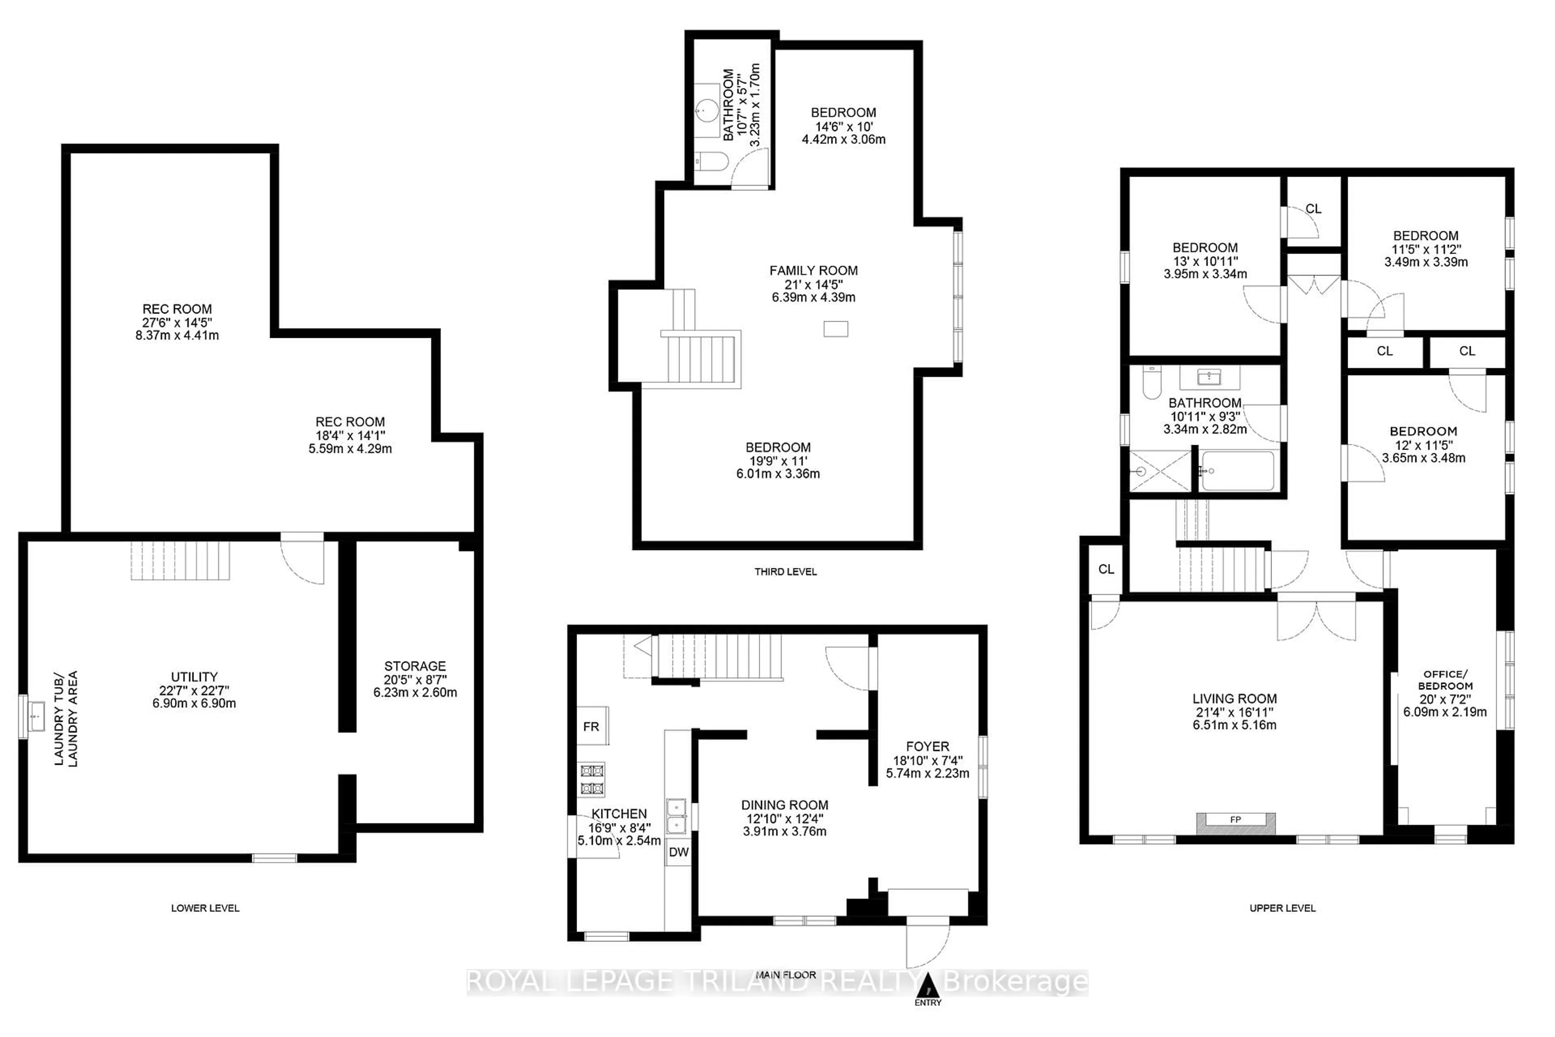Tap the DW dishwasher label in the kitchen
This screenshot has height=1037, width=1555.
click(x=678, y=852)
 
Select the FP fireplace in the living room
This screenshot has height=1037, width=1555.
click(x=1235, y=820)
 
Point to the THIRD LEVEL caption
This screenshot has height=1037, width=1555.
click(x=786, y=572)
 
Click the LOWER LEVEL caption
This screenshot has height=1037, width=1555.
click(x=205, y=908)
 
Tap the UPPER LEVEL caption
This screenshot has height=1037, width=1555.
click(x=1282, y=908)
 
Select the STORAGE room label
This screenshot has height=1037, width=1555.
click(x=415, y=666)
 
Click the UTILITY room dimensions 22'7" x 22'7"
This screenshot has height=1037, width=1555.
click(x=194, y=690)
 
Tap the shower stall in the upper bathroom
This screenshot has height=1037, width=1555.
click(x=1160, y=471)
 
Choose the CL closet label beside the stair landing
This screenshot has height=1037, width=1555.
click(x=1106, y=569)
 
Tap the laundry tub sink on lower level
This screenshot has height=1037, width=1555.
click(x=36, y=716)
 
